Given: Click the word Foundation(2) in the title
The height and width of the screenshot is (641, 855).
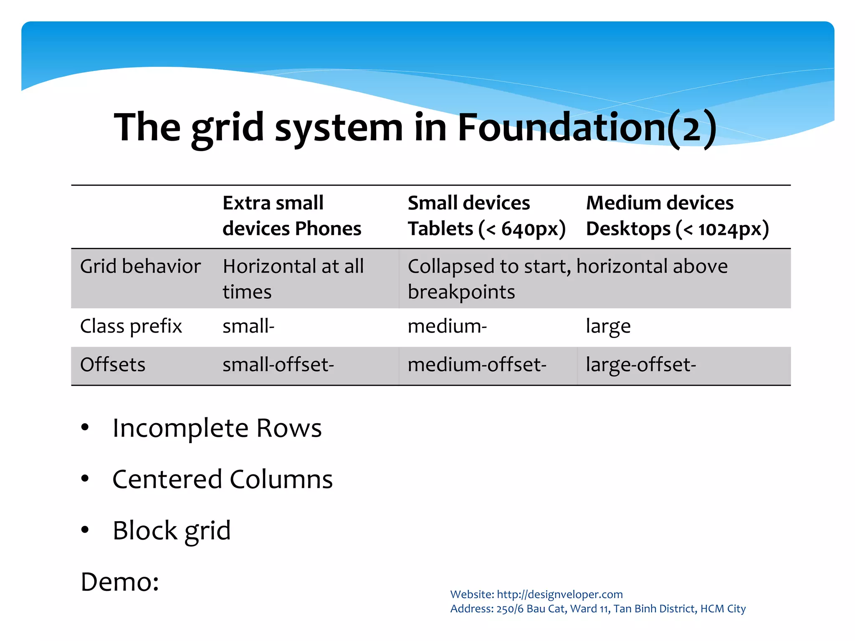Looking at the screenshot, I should (587, 127).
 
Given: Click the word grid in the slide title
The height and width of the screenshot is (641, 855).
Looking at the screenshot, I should (228, 127).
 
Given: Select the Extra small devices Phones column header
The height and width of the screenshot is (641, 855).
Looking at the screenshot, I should (292, 216).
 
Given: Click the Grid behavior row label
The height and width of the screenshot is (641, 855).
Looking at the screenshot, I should (140, 266).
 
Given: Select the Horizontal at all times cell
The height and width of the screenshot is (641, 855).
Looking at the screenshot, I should (293, 279).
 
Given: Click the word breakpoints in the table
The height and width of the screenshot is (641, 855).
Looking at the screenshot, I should (461, 292).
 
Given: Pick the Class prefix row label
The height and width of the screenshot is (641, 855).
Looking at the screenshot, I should (131, 326).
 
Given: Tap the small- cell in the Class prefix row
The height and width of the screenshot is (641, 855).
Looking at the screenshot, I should (248, 326).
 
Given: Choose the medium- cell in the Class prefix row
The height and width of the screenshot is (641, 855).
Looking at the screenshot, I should (447, 326).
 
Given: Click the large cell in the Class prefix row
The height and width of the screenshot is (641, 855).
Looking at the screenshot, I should (608, 326).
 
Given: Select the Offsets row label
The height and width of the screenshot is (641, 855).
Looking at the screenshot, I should (113, 364).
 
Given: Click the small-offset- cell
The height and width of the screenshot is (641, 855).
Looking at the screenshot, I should (278, 364).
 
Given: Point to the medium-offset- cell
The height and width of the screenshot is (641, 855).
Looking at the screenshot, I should (477, 364).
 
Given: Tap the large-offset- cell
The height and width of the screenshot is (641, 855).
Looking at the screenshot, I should (641, 364).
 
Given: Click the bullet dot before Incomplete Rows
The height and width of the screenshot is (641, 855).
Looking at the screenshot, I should (85, 427).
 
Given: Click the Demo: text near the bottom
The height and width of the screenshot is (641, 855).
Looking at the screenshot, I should (120, 582).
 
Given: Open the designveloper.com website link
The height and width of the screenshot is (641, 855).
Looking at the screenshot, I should (559, 594).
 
